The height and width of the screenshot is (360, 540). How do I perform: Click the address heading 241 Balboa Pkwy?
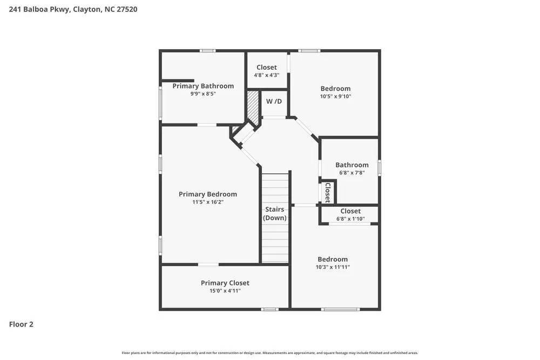coord(73,9)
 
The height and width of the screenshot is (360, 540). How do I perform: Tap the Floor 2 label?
coord(21,324)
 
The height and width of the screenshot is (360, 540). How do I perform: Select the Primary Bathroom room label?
coord(203,86)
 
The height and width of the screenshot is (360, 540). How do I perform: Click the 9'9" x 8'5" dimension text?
coord(203,94)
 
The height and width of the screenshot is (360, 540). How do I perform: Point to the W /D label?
coord(274,101)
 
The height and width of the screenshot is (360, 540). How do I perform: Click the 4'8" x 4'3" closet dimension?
coord(267,75)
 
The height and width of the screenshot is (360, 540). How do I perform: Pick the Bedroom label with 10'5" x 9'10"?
coord(335,89)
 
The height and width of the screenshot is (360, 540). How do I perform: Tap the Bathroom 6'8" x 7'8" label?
coord(352,165)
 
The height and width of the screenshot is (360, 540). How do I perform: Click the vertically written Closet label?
coord(327,192)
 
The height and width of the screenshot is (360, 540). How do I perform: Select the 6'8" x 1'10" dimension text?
coord(350,219)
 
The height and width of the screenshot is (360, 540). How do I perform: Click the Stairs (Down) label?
coord(275,213)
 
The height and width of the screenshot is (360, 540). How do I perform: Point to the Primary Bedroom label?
coord(208,194)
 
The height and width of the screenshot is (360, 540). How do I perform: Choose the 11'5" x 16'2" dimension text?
coord(208,202)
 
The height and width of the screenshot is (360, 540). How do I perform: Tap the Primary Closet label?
coord(225,283)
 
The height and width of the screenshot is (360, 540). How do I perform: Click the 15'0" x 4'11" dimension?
coord(225,291)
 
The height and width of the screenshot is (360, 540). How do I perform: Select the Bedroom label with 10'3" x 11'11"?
coord(333,259)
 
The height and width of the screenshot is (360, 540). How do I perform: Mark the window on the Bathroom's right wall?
coord(380,168)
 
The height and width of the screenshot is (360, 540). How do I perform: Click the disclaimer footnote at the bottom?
coord(270,353)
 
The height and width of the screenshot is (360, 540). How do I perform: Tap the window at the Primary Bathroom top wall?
coord(207,51)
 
